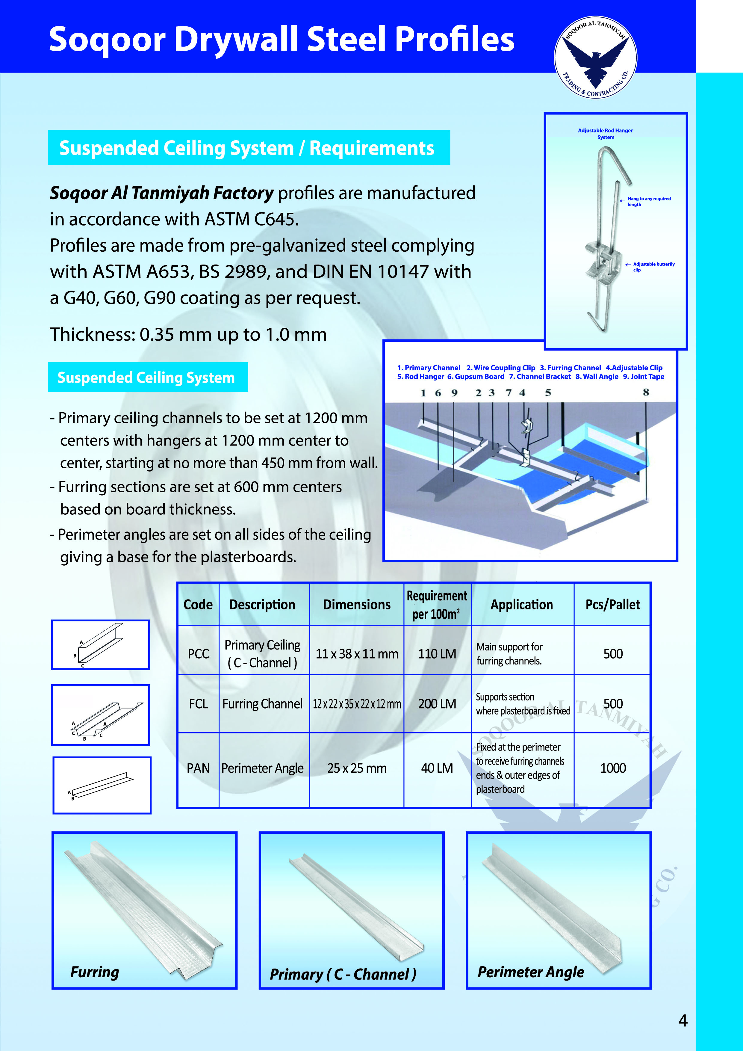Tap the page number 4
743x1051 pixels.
pyautogui.click(x=683, y=1020)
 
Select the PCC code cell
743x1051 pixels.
pyautogui.click(x=198, y=654)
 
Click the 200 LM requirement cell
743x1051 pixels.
pyautogui.click(x=437, y=703)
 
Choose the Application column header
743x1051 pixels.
pyautogui.click(x=522, y=604)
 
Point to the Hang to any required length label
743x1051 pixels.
pyautogui.click(x=648, y=201)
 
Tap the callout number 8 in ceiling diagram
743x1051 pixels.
pyautogui.click(x=646, y=392)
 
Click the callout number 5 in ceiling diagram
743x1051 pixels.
pyautogui.click(x=548, y=393)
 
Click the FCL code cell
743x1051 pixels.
pyautogui.click(x=198, y=703)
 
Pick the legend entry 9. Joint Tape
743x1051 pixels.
pyautogui.click(x=643, y=377)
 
